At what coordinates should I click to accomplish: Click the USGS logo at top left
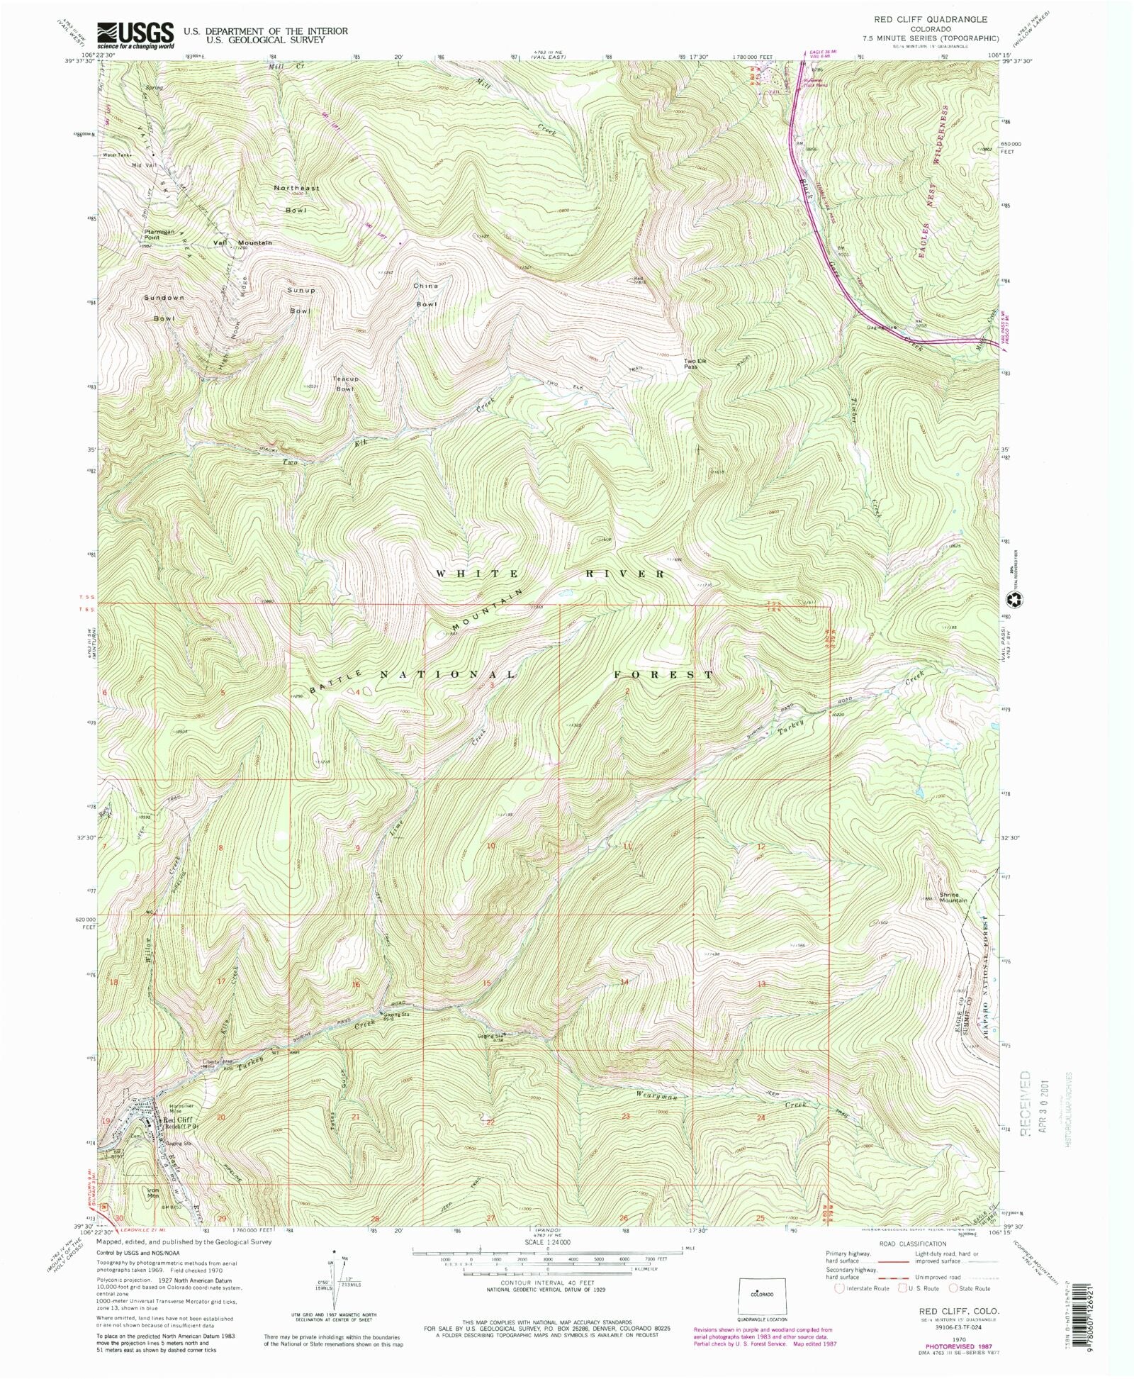pos(135,34)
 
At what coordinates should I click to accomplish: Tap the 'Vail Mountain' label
pos(242,243)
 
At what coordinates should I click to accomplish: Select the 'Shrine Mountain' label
pos(953,897)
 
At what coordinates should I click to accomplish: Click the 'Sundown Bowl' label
pos(164,308)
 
